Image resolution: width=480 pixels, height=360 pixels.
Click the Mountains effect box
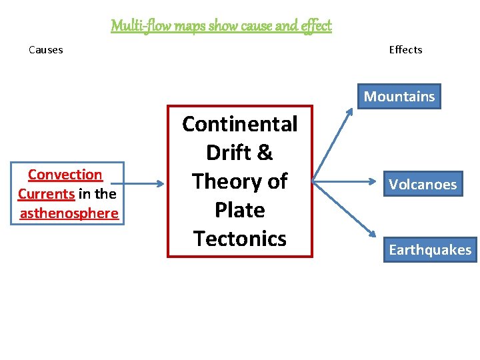tap(399, 97)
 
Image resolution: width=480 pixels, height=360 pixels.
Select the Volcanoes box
tap(423, 184)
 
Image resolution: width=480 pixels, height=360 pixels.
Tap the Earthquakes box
tap(430, 250)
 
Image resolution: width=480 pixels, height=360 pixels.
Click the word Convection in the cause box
tap(65, 175)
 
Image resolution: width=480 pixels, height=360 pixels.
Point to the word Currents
tap(46, 194)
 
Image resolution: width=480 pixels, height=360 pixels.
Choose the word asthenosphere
tap(69, 213)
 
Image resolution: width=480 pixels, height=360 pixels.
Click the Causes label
tap(46, 49)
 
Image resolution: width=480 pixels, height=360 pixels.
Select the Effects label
tap(405, 49)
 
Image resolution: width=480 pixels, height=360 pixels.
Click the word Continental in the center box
tap(239, 124)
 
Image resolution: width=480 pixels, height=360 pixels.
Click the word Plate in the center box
tap(239, 210)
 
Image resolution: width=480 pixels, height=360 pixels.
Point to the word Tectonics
tap(239, 238)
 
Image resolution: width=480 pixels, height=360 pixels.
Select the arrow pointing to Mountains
tap(333, 145)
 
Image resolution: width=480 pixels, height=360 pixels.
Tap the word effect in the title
tap(315, 26)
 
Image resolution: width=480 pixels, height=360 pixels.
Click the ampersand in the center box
tap(265, 153)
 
